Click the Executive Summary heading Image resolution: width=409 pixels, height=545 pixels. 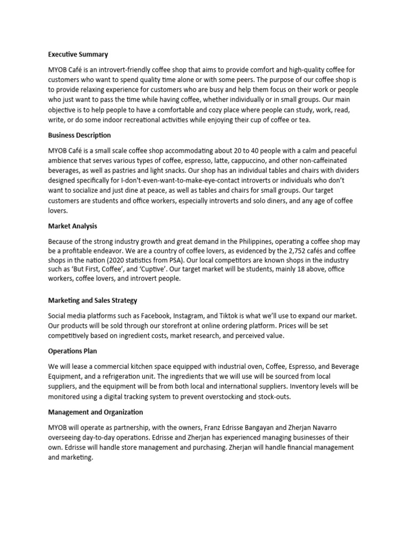[78, 54]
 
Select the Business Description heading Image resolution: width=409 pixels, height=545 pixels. [79, 135]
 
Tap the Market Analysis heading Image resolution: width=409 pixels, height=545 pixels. [72, 226]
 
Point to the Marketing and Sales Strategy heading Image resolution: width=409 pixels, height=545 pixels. [93, 301]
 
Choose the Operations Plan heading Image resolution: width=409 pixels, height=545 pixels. [72, 351]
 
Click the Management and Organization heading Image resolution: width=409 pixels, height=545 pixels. [95, 412]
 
